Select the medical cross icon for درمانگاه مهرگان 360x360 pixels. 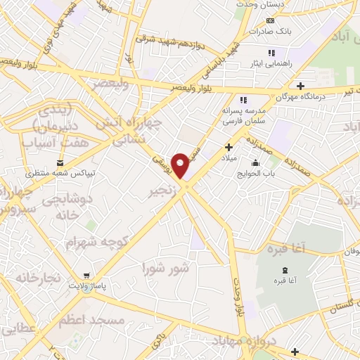(300, 86)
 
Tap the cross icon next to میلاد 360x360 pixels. (229, 147)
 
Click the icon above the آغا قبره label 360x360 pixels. (283, 271)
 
